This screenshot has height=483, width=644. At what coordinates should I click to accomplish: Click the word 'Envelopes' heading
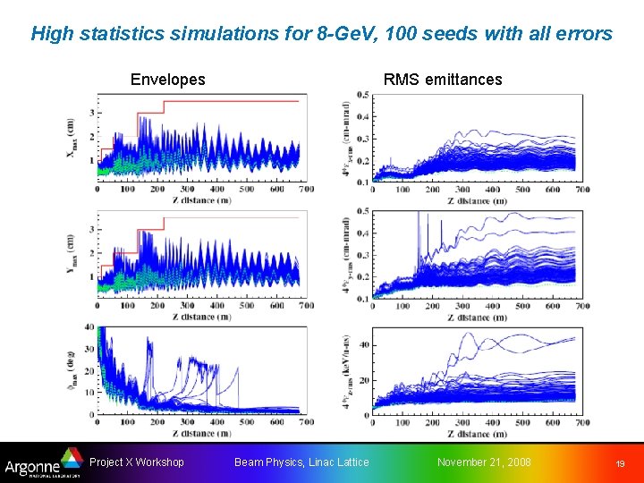click(167, 80)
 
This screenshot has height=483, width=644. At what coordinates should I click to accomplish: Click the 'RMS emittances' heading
click(443, 80)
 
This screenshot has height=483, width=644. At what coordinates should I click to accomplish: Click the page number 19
click(619, 463)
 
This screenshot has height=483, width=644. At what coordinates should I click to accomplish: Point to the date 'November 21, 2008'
click(483, 462)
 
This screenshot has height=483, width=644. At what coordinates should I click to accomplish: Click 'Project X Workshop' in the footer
click(137, 462)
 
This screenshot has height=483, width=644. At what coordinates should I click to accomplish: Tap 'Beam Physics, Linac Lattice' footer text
click(301, 462)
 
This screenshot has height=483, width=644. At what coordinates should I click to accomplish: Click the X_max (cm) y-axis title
click(72, 140)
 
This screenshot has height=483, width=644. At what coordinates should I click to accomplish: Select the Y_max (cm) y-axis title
click(72, 255)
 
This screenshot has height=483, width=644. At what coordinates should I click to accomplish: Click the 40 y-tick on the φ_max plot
click(89, 327)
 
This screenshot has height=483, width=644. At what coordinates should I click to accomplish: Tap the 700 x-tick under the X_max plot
click(306, 190)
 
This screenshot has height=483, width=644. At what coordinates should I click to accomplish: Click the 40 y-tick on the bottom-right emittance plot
click(363, 345)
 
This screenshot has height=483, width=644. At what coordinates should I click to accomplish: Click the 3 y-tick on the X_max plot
click(91, 113)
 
